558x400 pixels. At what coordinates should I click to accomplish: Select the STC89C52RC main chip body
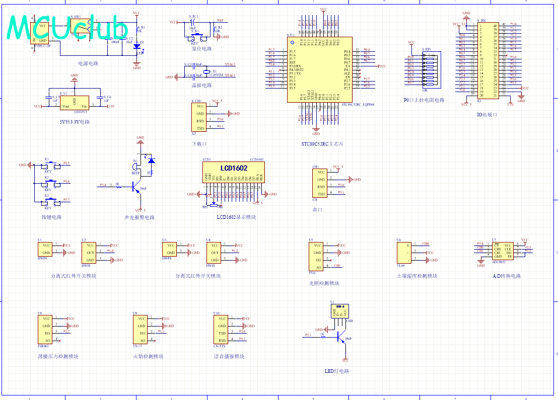coord(319,70)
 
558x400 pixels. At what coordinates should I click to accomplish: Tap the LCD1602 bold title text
coord(234,168)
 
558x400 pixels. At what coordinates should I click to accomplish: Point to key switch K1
coord(51,166)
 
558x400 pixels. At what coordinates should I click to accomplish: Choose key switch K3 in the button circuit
coord(51,202)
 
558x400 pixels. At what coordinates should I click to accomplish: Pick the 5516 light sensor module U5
coord(315,256)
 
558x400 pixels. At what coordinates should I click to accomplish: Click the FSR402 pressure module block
coord(46,329)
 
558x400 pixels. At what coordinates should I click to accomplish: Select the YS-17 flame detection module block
coord(141,329)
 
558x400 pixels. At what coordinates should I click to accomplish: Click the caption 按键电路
coord(52,217)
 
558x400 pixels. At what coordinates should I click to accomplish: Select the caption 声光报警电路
coord(139,217)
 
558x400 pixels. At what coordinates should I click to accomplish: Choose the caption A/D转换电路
coord(507,276)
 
